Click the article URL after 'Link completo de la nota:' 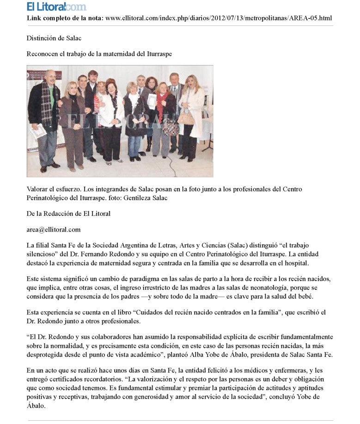219,18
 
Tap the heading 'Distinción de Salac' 50,38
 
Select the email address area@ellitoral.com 54,229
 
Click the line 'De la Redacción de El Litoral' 68,213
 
